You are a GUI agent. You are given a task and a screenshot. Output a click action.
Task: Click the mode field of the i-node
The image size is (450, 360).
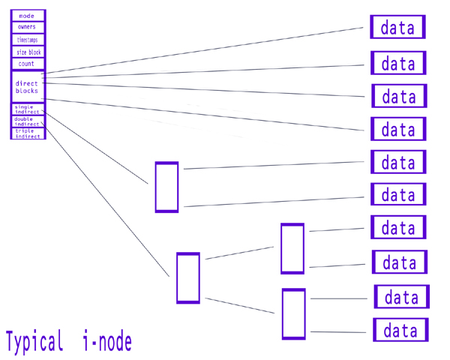coord(28,16)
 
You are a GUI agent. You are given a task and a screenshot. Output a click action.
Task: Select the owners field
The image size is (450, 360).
coord(28,27)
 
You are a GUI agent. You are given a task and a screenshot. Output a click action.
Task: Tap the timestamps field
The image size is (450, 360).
coord(28,39)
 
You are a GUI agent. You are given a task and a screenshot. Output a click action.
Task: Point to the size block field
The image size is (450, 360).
coord(28,52)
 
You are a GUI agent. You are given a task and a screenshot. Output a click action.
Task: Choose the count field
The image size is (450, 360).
coord(28,64)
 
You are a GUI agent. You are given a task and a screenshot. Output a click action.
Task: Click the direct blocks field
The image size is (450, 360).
coord(28,87)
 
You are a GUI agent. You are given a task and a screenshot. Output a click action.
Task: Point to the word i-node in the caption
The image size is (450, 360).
coord(107,343)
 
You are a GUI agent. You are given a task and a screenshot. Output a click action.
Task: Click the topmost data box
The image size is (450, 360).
coord(397,28)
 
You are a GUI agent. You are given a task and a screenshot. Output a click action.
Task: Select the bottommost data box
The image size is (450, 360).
coord(400,330)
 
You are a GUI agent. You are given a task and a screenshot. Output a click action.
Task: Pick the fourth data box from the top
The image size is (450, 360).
coord(398,129)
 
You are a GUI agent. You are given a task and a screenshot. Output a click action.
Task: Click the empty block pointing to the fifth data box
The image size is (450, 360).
coord(166,187)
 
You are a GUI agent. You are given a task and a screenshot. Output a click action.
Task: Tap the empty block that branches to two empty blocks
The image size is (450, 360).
coord(187,277)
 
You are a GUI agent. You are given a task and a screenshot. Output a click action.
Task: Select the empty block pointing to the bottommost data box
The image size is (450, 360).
coord(293,313)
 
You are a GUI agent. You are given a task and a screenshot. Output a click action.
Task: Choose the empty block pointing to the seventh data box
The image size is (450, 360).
coord(292,248)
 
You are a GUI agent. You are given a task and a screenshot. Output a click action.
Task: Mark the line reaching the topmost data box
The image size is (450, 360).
coord(210,50)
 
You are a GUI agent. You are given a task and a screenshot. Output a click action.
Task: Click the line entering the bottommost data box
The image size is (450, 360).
coord(341,331)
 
